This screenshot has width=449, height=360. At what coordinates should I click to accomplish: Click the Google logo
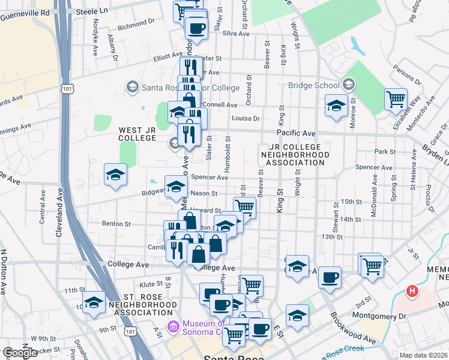[20, 353]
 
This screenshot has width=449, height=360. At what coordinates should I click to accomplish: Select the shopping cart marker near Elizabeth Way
[396, 100]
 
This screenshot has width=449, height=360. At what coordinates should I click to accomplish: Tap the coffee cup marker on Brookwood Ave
[330, 277]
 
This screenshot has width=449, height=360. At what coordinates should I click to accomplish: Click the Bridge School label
[313, 85]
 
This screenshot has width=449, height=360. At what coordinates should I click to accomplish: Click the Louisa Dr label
[246, 119]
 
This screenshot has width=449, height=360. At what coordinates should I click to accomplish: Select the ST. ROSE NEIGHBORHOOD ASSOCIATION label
[131, 304]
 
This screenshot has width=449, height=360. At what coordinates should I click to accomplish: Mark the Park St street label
[382, 151]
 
